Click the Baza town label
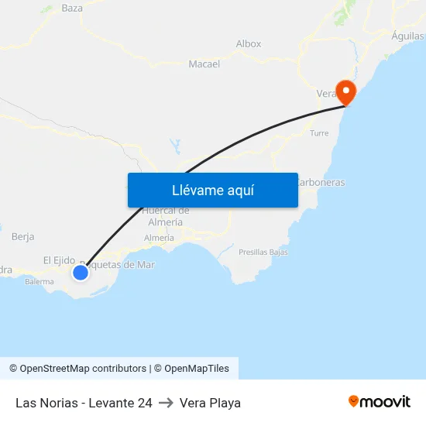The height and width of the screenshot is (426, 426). point(72,9)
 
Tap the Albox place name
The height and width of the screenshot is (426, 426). point(249,44)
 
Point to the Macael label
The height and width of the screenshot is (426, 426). point(204,64)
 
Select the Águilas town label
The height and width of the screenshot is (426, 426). point(407,36)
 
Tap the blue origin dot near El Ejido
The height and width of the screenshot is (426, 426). point(80,272)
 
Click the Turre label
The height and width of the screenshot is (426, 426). point(319,133)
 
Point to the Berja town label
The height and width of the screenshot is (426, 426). point(23,236)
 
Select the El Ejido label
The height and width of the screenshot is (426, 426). point(59,260)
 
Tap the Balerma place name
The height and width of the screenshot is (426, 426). point(39,282)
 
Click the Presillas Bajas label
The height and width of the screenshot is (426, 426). point(263,253)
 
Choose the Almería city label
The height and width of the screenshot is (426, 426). point(160,238)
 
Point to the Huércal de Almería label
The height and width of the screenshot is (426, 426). point(166,216)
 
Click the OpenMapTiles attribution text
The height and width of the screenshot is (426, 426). point(197,369)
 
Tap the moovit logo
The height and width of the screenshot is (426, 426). point(380,401)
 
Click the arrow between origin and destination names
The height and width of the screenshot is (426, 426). point(165,403)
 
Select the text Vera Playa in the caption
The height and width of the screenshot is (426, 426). point(210,403)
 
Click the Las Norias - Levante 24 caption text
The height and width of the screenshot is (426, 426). point(84,403)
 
